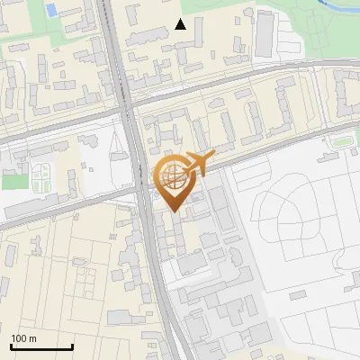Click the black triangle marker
click(x=181, y=24)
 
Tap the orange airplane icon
click(x=199, y=163)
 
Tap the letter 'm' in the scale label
click(x=34, y=338)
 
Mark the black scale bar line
click(x=41, y=346)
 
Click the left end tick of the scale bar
click(x=12, y=345)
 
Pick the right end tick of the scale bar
click(x=72, y=345)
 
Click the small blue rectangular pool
click(x=50, y=11)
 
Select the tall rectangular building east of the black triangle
click(x=265, y=32)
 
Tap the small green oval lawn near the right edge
click(x=340, y=141)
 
